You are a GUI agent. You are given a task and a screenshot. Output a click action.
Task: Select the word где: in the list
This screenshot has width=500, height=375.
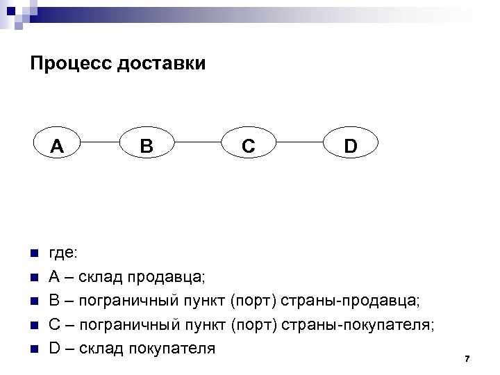coord(62,253)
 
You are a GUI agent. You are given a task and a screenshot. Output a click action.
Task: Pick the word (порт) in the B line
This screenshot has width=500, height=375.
coord(253,301)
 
